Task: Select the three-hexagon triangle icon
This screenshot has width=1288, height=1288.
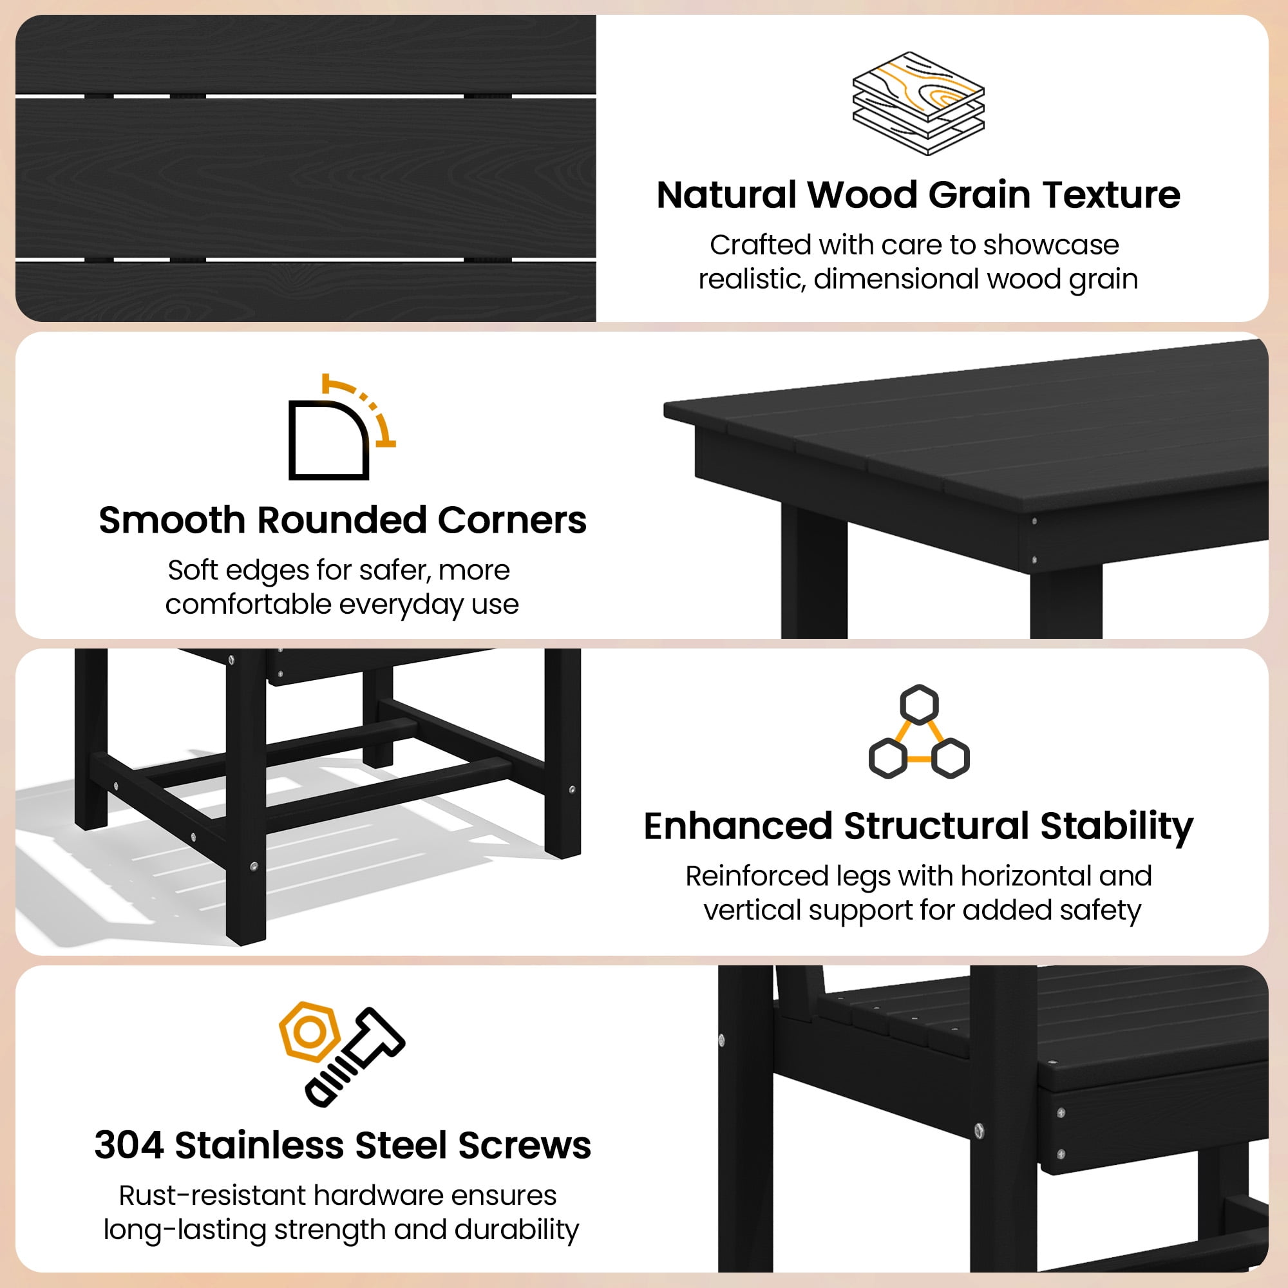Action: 919,732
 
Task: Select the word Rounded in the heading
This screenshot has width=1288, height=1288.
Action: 341,520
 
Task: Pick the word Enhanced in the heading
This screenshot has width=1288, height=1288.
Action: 738,827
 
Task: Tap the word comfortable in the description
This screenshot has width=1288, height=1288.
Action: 249,604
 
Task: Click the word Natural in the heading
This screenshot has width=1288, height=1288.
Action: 726,195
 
